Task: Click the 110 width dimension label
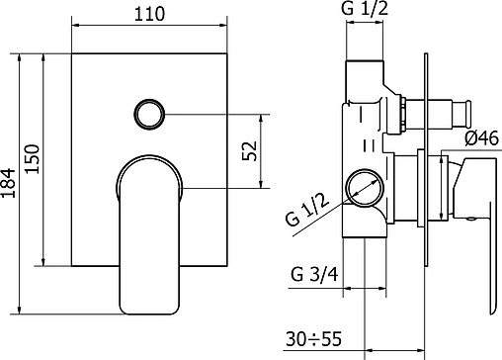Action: (x=149, y=14)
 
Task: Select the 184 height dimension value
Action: (x=8, y=183)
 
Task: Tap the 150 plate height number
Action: (x=33, y=159)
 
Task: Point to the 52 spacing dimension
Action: (x=249, y=150)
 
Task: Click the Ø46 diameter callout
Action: (x=482, y=138)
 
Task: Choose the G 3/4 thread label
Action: (x=314, y=274)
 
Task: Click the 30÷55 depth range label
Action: (x=313, y=339)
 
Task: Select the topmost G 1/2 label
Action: (x=365, y=8)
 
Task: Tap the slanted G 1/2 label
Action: (x=307, y=210)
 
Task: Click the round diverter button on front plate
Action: (x=149, y=115)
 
